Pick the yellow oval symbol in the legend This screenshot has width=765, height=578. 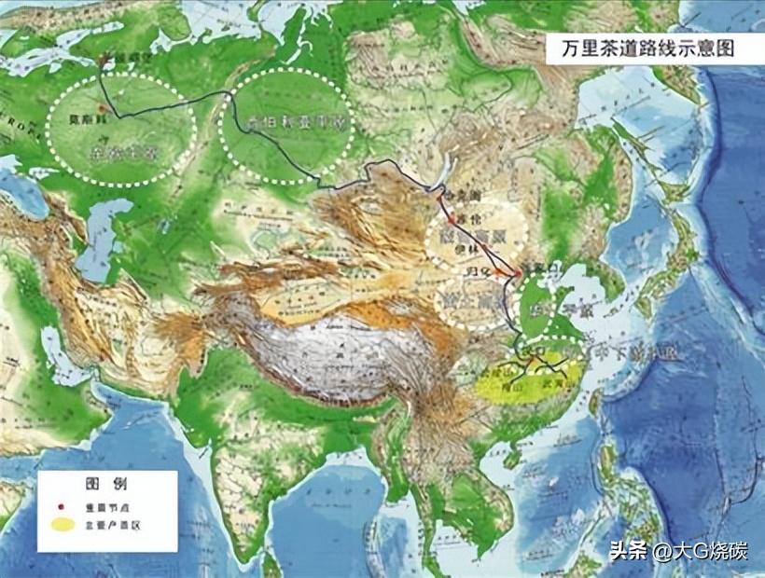(x=63, y=525)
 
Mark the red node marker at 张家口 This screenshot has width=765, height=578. (x=518, y=271)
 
